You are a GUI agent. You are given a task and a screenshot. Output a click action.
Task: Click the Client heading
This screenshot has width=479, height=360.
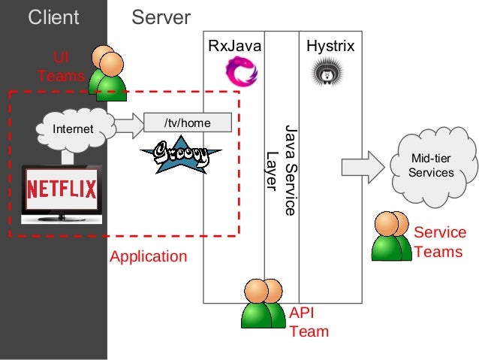tap(53, 17)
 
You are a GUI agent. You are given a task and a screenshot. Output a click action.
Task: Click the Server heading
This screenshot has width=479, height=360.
tap(161, 17)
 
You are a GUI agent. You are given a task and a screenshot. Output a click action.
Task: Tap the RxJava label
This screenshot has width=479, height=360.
tap(236, 47)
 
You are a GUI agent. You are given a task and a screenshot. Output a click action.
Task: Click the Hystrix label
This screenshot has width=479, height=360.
tap(330, 47)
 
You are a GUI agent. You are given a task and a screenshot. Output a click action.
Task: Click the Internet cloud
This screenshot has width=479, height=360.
tap(74, 129)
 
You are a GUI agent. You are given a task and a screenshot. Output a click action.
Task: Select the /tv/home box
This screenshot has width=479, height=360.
tap(187, 123)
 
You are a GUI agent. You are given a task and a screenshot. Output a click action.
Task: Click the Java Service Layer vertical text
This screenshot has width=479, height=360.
tap(282, 169)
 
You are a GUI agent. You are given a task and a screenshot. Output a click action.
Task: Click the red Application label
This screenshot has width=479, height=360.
tap(148, 256)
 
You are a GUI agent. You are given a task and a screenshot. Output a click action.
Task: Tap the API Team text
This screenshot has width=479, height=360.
tap(309, 322)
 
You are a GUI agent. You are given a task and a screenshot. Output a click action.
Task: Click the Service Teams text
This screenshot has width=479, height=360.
tap(439, 242)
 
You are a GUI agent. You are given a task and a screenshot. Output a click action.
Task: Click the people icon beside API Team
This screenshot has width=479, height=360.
tap(262, 304)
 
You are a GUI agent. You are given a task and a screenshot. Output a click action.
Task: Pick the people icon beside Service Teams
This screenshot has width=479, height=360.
tap(392, 236)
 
